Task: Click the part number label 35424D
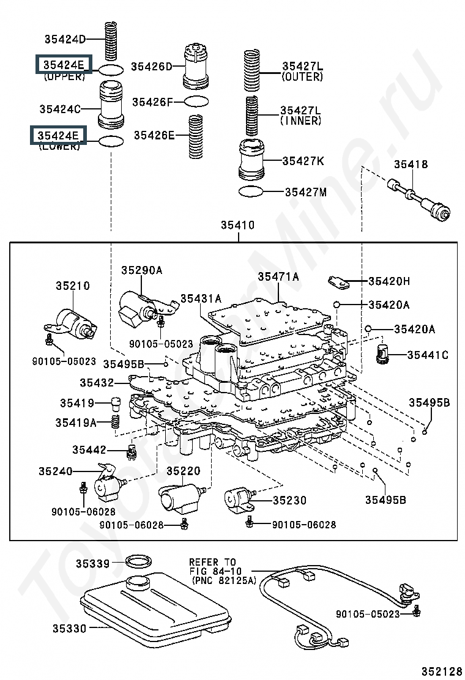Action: point(65,39)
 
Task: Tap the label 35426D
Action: point(152,67)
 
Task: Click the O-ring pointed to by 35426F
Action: point(196,102)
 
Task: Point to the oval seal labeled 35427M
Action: point(251,191)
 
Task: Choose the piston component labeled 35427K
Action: point(251,159)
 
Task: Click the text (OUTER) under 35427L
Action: point(302,77)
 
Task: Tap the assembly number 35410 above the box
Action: point(238,225)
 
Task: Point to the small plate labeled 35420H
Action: point(339,282)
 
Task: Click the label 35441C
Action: point(428,355)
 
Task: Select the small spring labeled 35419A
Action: point(116,421)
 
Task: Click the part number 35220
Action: point(184,471)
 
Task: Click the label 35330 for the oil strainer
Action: point(69,629)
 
